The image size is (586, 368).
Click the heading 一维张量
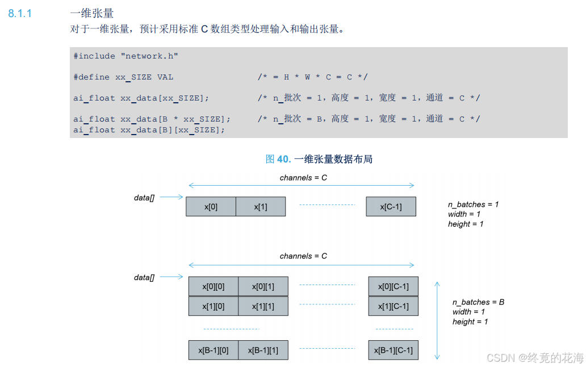point(91,13)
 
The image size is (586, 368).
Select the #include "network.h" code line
point(125,56)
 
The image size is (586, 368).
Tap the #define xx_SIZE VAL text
point(123,77)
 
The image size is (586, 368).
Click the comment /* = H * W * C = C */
point(312,77)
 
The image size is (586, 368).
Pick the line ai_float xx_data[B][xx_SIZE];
point(149,129)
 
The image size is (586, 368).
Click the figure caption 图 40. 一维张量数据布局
point(319,159)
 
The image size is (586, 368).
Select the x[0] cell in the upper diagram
point(211,207)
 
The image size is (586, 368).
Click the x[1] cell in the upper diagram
point(261,207)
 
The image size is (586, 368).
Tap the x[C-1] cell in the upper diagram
point(391,207)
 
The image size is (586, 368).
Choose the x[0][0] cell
point(213,287)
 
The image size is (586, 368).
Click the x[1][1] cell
point(263,307)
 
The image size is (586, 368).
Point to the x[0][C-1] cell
point(393,287)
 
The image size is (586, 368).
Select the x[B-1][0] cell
point(213,350)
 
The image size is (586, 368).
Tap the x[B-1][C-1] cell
point(393,350)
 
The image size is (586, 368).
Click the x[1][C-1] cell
point(393,307)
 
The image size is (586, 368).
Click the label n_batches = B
point(478,302)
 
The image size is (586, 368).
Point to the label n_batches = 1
point(473,204)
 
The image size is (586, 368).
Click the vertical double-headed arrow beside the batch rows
point(437,320)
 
